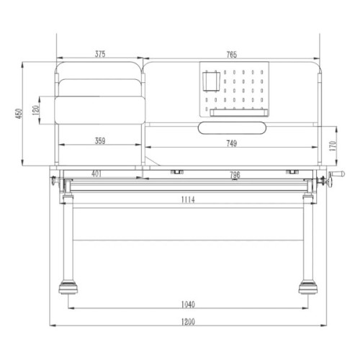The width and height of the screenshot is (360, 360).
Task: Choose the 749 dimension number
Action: [230, 143]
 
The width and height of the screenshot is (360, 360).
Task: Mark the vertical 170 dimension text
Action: [332, 145]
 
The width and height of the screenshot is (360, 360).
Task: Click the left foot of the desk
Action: [68, 290]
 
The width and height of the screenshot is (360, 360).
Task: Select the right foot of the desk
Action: [308, 290]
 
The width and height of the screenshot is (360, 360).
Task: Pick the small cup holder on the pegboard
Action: [211, 81]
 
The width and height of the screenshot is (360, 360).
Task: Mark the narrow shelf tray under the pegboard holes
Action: [238, 112]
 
